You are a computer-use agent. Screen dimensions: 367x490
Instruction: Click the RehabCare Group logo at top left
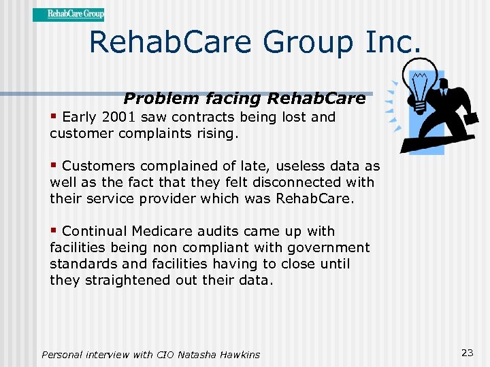tap(68, 14)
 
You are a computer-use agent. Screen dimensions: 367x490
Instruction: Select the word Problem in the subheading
tap(161, 99)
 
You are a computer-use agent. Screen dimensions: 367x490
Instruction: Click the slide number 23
tap(467, 352)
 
